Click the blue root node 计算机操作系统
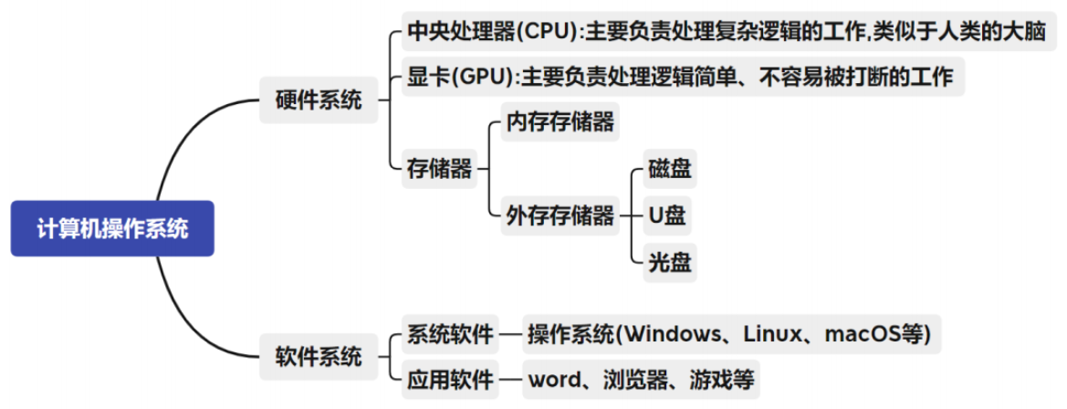point(112,228)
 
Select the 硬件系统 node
point(319,100)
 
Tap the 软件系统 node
point(319,357)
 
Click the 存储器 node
point(440,168)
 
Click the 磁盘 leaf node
point(670,169)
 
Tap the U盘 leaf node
point(667,216)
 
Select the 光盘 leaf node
point(670,264)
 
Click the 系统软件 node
point(451,334)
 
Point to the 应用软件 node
point(451,379)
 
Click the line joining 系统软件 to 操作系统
point(510,334)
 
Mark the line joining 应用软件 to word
point(510,379)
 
